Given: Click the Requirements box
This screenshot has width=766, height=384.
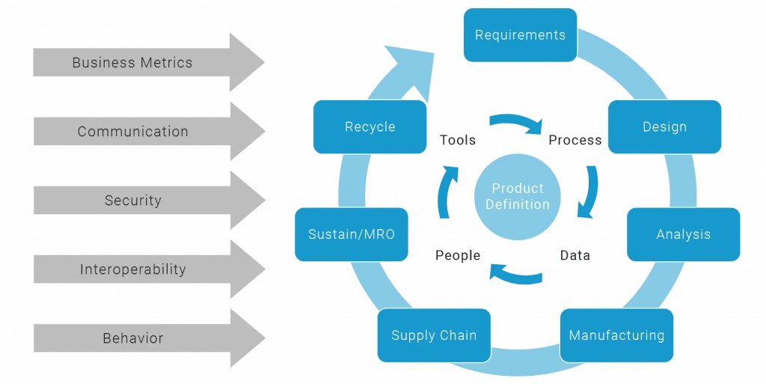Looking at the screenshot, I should pos(520,35).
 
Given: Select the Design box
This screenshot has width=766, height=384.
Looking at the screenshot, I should pos(664,127).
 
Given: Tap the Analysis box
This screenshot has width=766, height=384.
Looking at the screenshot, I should pos(683,234).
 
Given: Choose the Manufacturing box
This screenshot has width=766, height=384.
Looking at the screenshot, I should pos(616,335).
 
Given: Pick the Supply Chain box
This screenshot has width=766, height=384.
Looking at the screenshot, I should pos(434,335).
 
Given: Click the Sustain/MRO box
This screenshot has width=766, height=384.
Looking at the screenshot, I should pos(352,234).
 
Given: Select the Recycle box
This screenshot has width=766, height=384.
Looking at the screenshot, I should pos(370,127).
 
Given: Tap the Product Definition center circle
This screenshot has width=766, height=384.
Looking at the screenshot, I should pos(516,197).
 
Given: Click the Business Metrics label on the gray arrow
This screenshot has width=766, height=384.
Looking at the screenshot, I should pos(132,63).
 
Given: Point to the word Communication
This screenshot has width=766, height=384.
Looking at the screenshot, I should pos(132,132).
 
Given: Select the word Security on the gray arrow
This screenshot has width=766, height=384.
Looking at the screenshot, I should pos(132,201).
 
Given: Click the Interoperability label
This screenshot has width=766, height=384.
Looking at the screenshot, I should pos(132,269).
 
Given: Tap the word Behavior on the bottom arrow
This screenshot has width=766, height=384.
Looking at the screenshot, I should pos(132,338).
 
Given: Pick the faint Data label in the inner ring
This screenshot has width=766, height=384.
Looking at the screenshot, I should pos(574,257).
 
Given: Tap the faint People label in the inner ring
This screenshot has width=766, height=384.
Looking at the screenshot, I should pos(456,257).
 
